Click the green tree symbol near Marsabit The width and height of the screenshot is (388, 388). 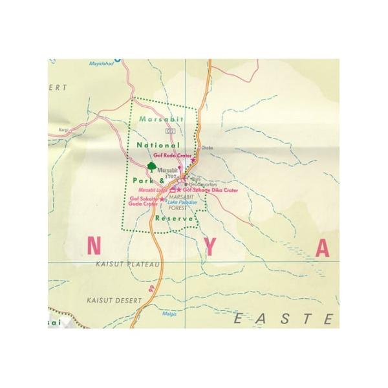(151, 167)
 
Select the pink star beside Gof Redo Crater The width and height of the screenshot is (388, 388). (193, 159)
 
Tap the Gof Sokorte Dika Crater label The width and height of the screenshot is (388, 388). (210, 191)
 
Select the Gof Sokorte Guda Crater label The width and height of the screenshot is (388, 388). (144, 201)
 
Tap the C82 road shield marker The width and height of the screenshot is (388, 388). (171, 131)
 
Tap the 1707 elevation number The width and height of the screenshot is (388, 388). (171, 175)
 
